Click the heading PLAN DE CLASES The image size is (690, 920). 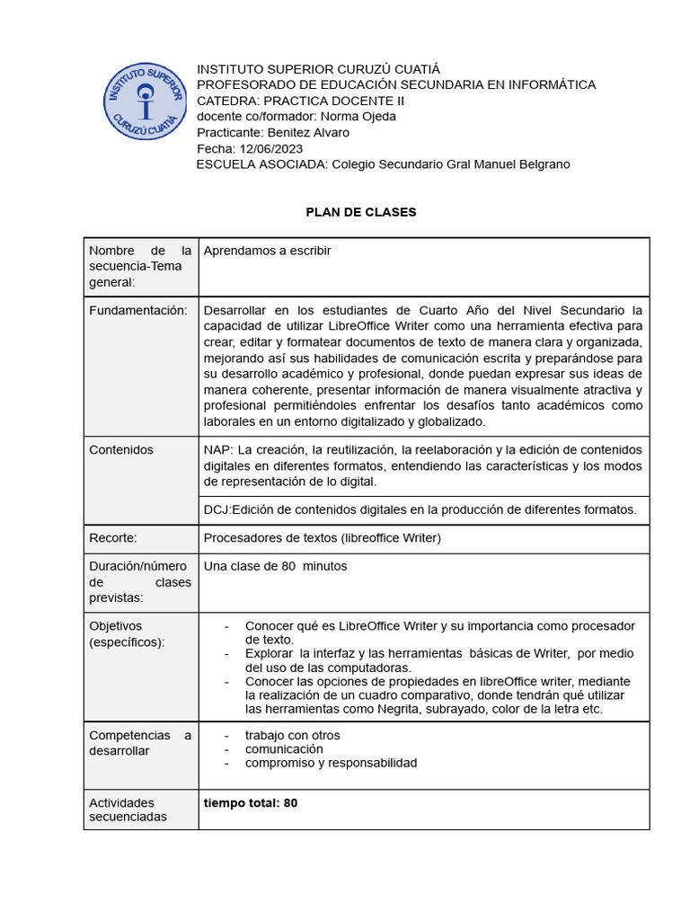click(x=361, y=212)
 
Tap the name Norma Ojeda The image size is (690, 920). click(x=358, y=116)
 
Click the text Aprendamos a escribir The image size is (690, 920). click(x=268, y=251)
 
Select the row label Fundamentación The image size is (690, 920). click(x=138, y=310)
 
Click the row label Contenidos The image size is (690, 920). click(x=121, y=449)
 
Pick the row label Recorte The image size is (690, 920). click(x=113, y=538)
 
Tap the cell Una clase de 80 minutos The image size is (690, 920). click(x=275, y=566)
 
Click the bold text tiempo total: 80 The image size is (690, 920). click(x=251, y=802)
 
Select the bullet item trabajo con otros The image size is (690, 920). click(x=292, y=735)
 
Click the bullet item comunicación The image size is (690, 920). click(x=284, y=748)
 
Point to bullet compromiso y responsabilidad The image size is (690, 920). click(x=331, y=763)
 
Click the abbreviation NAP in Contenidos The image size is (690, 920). click(x=217, y=449)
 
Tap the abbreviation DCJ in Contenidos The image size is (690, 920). click(x=217, y=509)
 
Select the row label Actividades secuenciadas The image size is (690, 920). click(x=128, y=809)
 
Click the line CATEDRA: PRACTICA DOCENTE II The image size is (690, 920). click(x=301, y=100)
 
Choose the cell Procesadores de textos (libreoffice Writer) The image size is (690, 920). click(x=323, y=538)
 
